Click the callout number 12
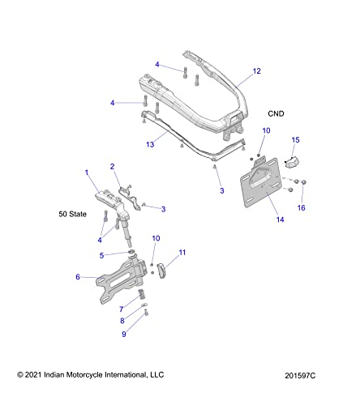pyautogui.click(x=256, y=71)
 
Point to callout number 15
pyautogui.click(x=295, y=139)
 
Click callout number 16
pyautogui.click(x=302, y=207)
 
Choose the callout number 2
pyautogui.click(x=114, y=167)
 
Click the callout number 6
pyautogui.click(x=78, y=277)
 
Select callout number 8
pyautogui.click(x=123, y=321)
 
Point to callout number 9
pyautogui.click(x=125, y=334)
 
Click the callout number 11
pyautogui.click(x=182, y=253)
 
